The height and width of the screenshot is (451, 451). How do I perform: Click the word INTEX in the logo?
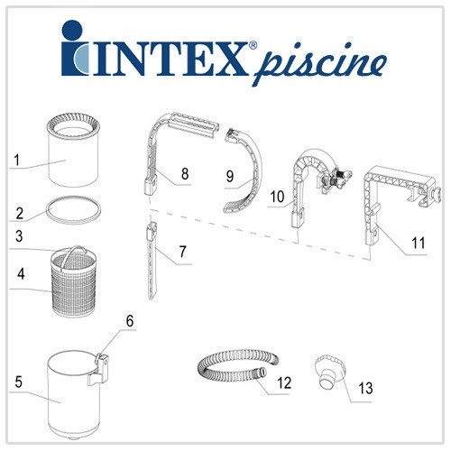[x=169, y=59]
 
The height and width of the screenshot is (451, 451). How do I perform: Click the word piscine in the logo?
[x=319, y=64]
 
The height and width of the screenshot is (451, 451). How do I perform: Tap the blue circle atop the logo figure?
[x=72, y=30]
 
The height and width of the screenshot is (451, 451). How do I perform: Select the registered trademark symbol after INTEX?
[x=253, y=45]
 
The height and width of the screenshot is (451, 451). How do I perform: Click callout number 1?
[x=17, y=160]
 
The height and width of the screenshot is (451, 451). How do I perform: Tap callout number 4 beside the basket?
[x=21, y=274]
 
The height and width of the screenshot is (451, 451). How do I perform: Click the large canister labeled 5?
[x=75, y=397]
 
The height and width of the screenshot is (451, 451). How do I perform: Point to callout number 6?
[x=130, y=321]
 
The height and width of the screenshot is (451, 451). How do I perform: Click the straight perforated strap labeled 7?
[x=152, y=261]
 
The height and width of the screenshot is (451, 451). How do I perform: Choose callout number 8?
[x=185, y=173]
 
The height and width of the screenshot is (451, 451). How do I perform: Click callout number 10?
[x=277, y=197]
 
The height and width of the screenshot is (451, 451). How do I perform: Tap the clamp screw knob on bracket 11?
[x=436, y=194]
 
